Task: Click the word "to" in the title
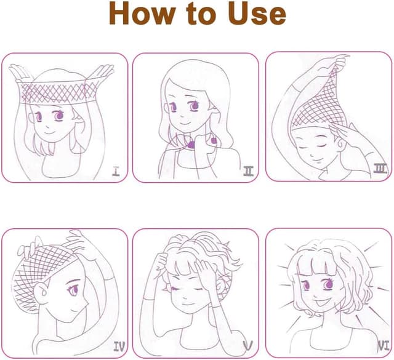point(202,14)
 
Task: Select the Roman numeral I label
point(116,171)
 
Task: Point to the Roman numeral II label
point(248,171)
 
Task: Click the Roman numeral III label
point(380,168)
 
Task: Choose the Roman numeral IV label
point(119,346)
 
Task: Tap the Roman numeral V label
point(247,346)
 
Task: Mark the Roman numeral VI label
point(384,345)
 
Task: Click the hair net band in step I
point(58,92)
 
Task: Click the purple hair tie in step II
point(191,145)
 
